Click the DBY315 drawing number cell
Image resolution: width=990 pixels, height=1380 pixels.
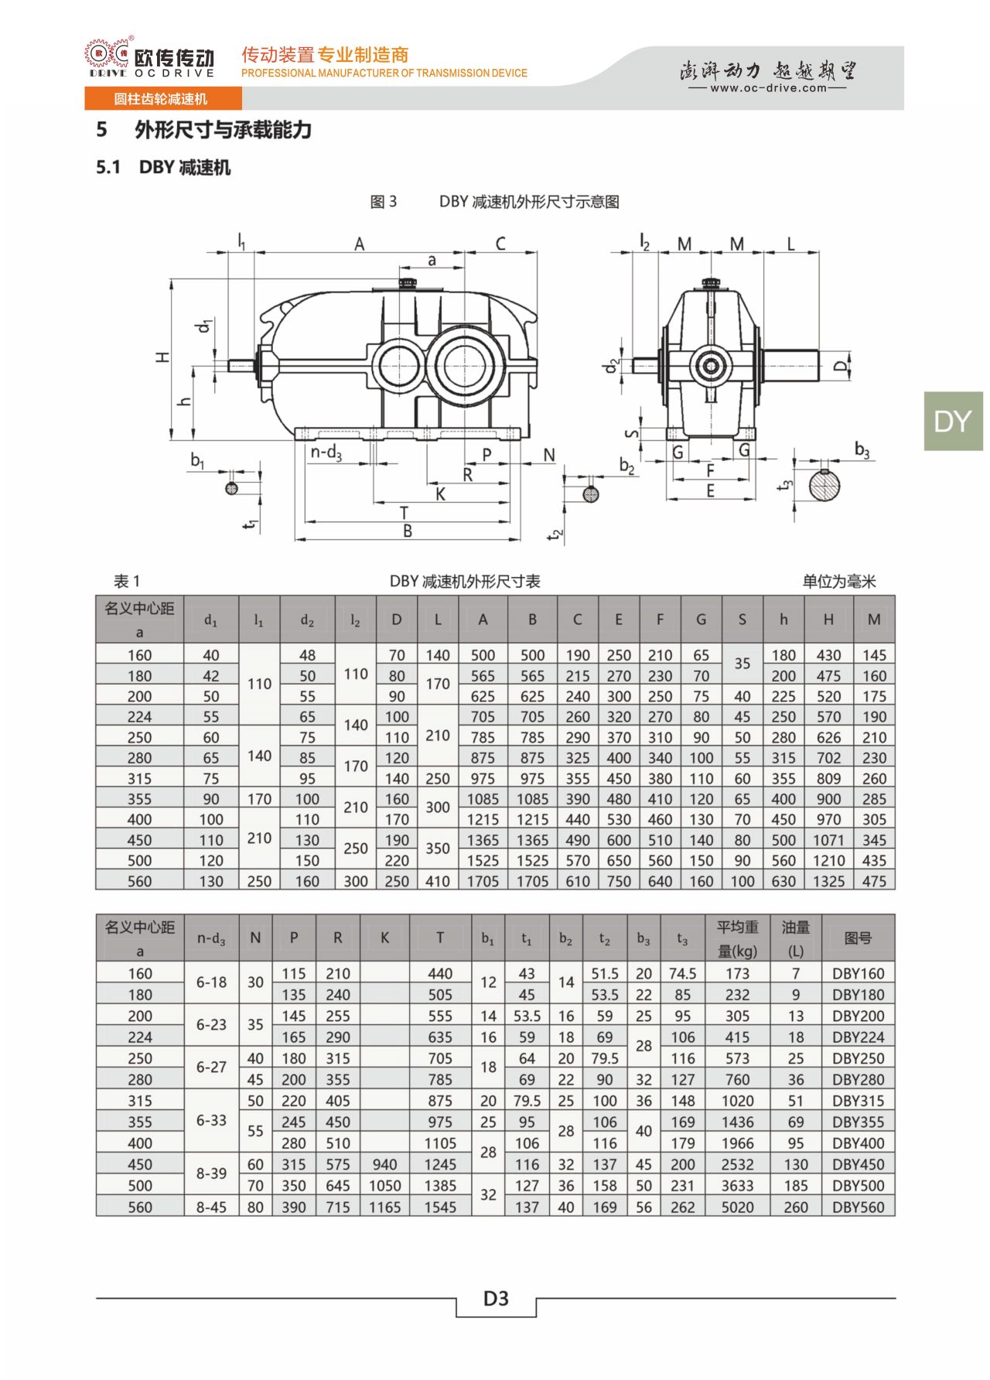[858, 1101]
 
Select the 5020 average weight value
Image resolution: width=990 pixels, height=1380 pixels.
[737, 1207]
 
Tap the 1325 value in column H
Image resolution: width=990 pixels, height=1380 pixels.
[828, 881]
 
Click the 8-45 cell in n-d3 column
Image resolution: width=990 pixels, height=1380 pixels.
[211, 1207]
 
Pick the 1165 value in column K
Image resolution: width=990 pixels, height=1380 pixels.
[384, 1207]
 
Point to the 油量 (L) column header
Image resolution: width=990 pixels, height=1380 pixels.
[795, 938]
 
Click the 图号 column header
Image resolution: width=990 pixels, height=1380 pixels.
[858, 938]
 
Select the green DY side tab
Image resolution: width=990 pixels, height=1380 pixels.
[953, 422]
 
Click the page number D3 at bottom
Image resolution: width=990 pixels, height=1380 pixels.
[496, 1299]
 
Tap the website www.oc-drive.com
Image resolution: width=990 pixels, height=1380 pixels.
[768, 88]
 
